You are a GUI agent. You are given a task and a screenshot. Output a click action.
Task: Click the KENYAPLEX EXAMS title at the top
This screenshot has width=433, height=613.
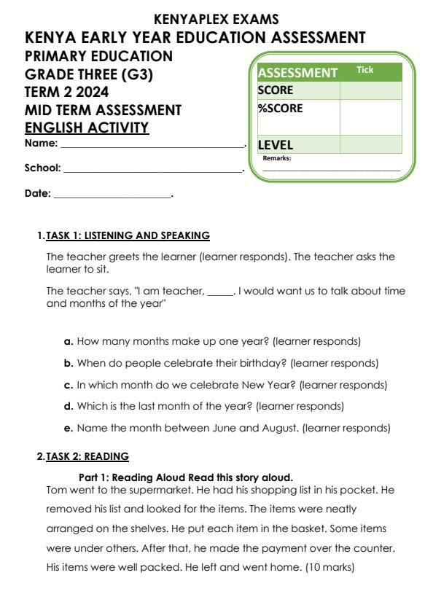[216, 20]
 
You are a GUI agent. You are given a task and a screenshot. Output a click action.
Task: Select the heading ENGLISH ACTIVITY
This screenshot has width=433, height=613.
[87, 128]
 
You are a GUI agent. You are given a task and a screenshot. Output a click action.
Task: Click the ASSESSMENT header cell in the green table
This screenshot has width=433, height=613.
[297, 73]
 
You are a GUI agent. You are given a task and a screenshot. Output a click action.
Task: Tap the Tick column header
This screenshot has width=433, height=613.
[364, 70]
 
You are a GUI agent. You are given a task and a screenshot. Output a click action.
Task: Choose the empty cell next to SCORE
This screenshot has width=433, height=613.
[370, 90]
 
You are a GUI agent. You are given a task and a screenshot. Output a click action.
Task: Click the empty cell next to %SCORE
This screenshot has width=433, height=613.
[370, 117]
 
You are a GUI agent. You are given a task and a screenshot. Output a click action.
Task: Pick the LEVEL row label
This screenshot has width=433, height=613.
[276, 145]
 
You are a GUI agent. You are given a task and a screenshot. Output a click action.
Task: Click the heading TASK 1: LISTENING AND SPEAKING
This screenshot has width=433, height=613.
[128, 235]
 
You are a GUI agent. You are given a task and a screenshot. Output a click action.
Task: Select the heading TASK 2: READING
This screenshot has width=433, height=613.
[87, 457]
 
